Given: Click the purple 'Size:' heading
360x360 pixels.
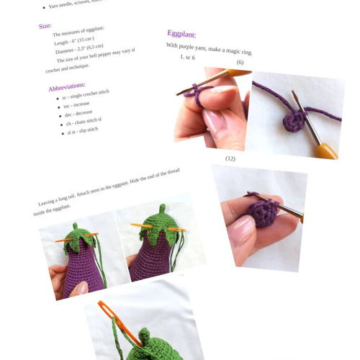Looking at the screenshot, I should (x=45, y=26).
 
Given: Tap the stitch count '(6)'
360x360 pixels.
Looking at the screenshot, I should (x=240, y=63).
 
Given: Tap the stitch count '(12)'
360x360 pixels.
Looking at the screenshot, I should (x=230, y=158).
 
